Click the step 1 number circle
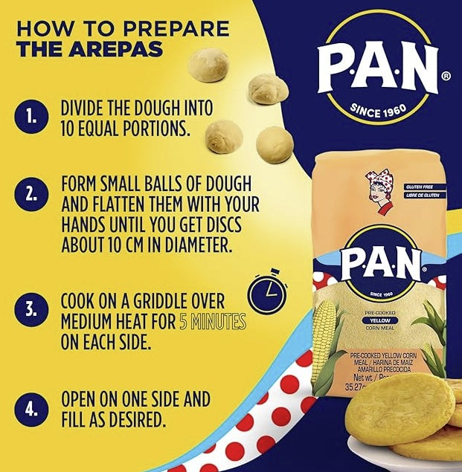[x=29, y=116]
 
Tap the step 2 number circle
[x=29, y=194]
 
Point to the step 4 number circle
[x=29, y=410]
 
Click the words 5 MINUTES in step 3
[x=212, y=323]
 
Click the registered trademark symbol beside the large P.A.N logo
[x=445, y=76]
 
